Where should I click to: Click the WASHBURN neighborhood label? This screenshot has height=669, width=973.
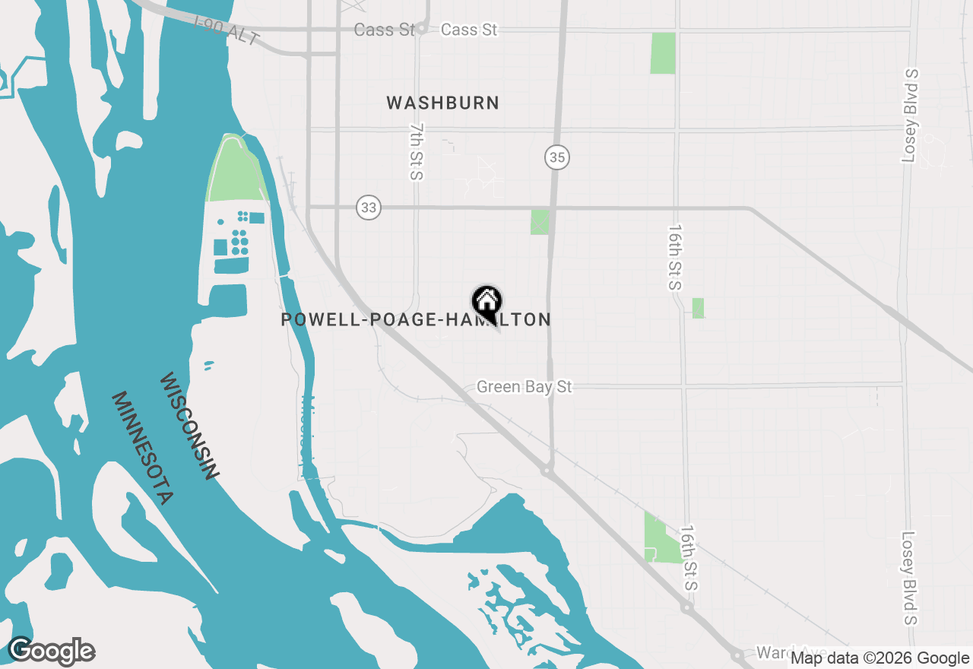(442, 103)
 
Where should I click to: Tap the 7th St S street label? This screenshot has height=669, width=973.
(416, 152)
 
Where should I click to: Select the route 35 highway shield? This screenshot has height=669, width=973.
(557, 157)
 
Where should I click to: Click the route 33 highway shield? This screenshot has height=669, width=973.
(369, 207)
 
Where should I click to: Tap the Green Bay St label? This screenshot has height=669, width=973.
(524, 387)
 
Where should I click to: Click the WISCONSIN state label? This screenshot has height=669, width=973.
(189, 426)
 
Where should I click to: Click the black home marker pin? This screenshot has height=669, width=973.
(486, 303)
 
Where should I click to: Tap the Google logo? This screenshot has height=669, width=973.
(51, 652)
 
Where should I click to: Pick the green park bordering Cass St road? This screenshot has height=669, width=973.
(663, 53)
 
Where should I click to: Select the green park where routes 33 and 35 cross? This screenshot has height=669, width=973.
(540, 222)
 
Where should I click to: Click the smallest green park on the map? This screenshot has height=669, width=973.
(698, 308)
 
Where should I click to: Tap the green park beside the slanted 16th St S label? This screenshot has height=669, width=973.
(661, 540)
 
